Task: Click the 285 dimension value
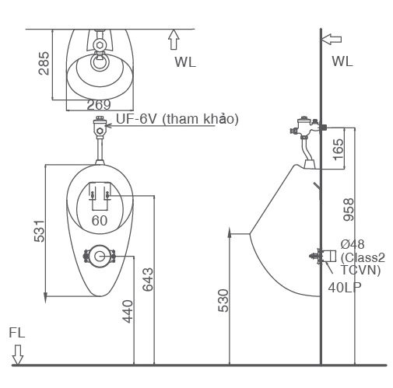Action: tap(44, 65)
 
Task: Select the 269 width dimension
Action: tap(98, 105)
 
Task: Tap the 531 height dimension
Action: tap(39, 231)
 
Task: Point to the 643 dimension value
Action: tap(148, 281)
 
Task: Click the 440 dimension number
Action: tap(128, 311)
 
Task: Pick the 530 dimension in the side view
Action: tap(223, 301)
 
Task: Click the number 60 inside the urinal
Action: tap(100, 221)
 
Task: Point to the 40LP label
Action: tap(345, 287)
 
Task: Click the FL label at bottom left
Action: tap(17, 332)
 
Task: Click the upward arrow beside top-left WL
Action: tap(174, 39)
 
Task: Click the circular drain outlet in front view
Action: tap(99, 255)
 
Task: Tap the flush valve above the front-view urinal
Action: tap(99, 128)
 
